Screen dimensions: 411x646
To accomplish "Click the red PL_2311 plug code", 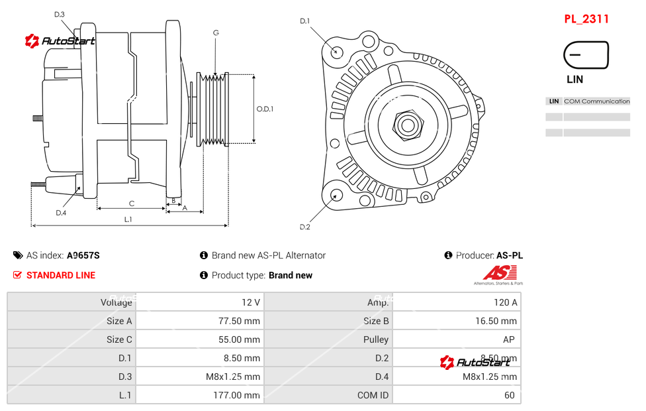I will click(x=586, y=19).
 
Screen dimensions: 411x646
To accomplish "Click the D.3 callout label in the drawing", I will click(x=59, y=15).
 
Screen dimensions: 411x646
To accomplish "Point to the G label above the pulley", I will click(x=216, y=33).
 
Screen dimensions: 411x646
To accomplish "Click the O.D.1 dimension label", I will click(x=265, y=109).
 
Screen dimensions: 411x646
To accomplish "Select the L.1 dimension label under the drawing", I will click(x=128, y=219).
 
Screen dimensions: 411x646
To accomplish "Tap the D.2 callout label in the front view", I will click(x=304, y=227).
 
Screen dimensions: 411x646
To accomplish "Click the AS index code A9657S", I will click(x=83, y=255).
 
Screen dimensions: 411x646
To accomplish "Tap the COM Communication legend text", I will click(x=596, y=101).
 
